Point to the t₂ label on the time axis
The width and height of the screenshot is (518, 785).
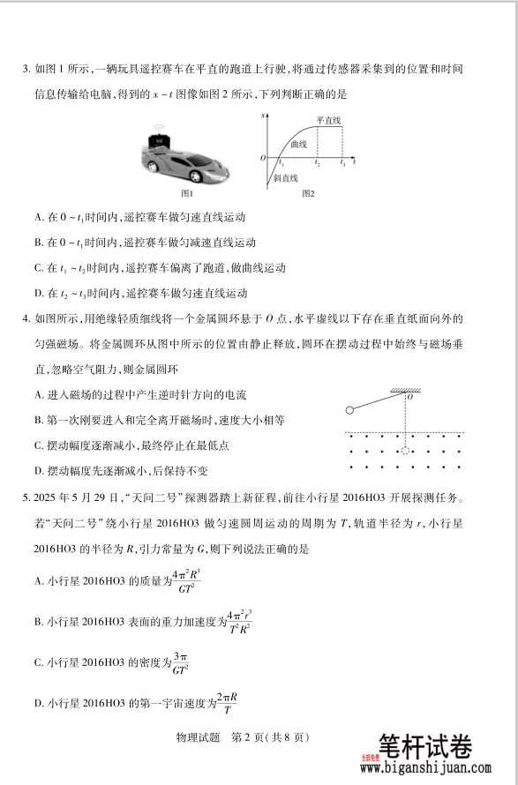[x=318, y=164]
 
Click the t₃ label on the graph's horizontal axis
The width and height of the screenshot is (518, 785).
[x=344, y=164]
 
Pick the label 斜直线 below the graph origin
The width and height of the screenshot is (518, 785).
[x=288, y=178]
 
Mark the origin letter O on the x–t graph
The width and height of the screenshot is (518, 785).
[x=262, y=157]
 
